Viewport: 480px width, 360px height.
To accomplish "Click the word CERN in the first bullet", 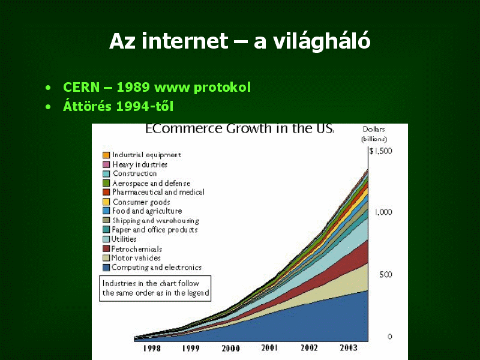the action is [x=81, y=87].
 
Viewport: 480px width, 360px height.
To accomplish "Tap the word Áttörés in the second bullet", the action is [x=87, y=106].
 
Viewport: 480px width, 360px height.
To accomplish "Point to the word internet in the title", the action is [x=185, y=41].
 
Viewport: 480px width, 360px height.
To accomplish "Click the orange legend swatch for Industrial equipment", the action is [x=106, y=155].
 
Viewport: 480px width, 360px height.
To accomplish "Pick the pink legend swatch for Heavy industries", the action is [x=106, y=164].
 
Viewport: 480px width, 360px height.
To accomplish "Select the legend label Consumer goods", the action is [x=141, y=202].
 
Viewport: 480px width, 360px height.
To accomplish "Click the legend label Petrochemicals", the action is [x=137, y=249].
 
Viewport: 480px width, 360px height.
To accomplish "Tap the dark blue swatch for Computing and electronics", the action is [x=106, y=268].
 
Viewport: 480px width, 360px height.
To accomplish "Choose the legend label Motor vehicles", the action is [x=136, y=258].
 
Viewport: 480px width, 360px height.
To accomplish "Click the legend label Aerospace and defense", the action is [x=151, y=184].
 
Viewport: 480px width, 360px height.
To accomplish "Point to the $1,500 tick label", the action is [x=380, y=151].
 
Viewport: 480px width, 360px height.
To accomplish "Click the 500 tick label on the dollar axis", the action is [x=385, y=275].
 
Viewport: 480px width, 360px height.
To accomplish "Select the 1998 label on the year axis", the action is [x=152, y=348].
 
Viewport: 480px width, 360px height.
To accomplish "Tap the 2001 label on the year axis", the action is [x=269, y=348].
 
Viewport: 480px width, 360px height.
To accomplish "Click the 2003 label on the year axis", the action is [x=349, y=348].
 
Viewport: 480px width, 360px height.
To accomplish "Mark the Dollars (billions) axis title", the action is [x=374, y=134].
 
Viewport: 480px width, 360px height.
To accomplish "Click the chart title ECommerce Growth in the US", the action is [x=239, y=128].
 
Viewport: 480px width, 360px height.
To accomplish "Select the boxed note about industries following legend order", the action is [x=155, y=289].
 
